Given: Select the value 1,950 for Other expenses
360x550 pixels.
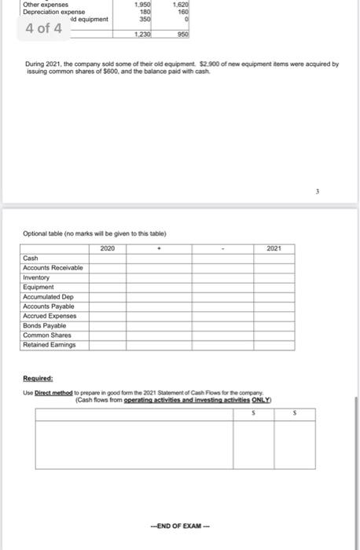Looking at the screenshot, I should tap(143, 5).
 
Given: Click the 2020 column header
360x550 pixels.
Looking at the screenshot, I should tap(108, 248).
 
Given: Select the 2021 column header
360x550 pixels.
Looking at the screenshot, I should tap(274, 248).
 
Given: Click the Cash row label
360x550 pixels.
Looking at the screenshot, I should tap(31, 258).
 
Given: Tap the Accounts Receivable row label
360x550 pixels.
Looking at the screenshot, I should tap(53, 268).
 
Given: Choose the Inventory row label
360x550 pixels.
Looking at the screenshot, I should tap(37, 277).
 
